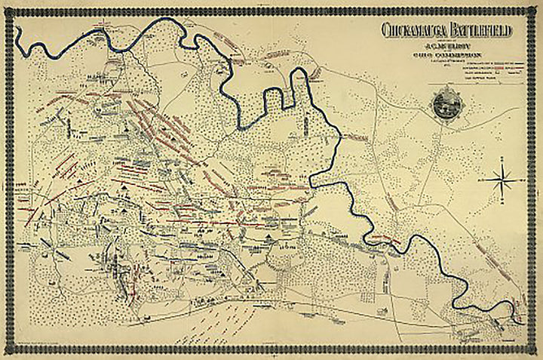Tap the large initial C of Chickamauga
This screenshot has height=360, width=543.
[386, 30]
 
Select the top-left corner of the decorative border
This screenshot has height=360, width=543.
[7, 8]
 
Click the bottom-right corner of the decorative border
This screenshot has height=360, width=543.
[536, 352]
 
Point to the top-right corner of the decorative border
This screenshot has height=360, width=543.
[536, 8]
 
